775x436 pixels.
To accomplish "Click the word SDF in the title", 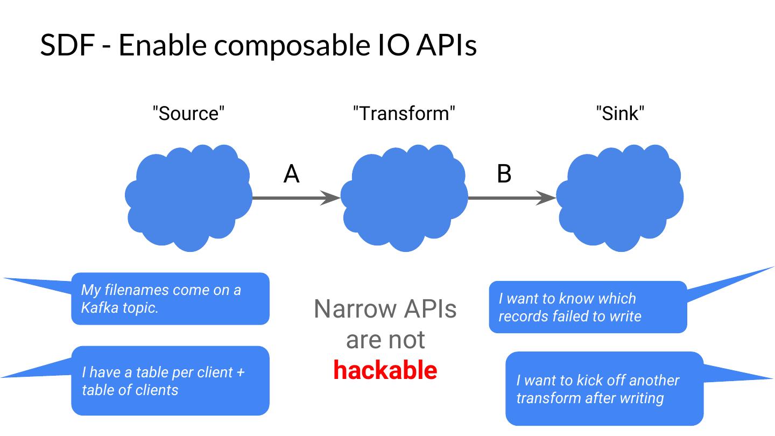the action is point(68,45).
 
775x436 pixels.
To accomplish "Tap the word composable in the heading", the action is point(292,46).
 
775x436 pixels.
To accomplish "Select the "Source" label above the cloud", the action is point(188,113).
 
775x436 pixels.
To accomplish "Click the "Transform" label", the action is point(404,113).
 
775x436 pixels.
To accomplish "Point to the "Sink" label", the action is point(620,113).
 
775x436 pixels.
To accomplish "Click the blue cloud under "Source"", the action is point(188,198).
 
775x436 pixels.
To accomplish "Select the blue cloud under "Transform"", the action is point(404,198).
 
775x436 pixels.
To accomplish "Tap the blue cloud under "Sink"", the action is point(619,198).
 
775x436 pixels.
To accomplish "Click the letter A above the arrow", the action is point(291,174).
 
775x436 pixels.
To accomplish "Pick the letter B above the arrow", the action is point(504,174).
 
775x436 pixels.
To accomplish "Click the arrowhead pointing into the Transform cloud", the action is point(330,198).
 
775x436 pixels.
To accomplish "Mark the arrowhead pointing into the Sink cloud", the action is point(546,198).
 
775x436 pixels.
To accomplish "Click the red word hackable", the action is point(385,370).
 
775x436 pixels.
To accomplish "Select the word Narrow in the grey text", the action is point(355,308).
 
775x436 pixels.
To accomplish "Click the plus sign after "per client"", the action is point(241,372).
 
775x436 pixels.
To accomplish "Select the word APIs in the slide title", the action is point(446,45).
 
